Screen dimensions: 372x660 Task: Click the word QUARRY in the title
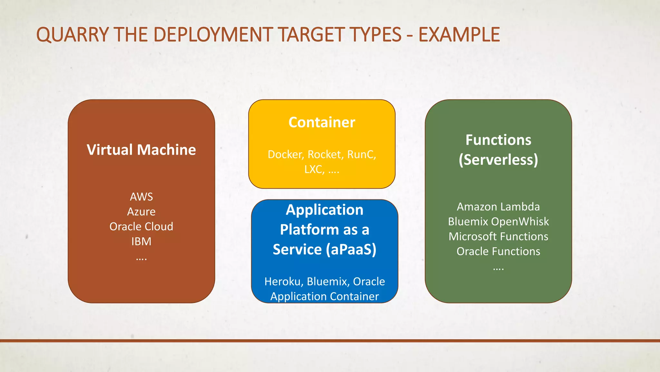click(73, 35)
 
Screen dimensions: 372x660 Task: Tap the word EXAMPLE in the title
click(459, 35)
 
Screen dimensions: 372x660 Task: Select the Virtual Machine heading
click(141, 150)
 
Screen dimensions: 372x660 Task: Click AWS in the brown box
click(141, 197)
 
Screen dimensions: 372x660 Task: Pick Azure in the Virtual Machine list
click(141, 212)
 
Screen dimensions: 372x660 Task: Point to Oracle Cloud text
click(141, 227)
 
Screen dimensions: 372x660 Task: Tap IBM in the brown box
click(141, 242)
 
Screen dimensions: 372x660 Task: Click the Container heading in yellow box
click(322, 122)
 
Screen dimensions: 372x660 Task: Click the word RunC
click(361, 155)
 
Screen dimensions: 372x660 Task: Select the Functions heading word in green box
click(498, 140)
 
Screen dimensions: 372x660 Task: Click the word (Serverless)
click(498, 160)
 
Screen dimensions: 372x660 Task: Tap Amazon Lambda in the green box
click(498, 207)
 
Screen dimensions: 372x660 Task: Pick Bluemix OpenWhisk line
click(498, 222)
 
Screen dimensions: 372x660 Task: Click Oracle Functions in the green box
click(498, 252)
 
